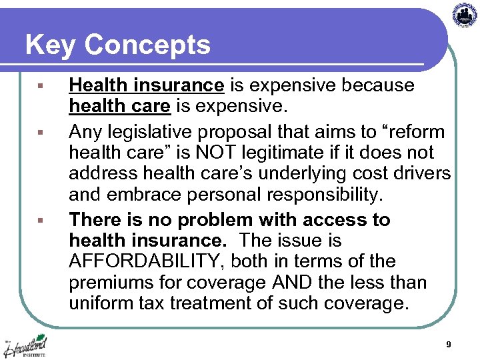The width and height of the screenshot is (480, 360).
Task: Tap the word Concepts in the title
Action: (147, 46)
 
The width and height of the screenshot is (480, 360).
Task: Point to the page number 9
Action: (449, 345)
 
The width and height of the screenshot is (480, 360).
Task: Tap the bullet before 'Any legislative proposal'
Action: (42, 132)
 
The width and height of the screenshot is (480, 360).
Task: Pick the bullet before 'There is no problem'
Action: (42, 221)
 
